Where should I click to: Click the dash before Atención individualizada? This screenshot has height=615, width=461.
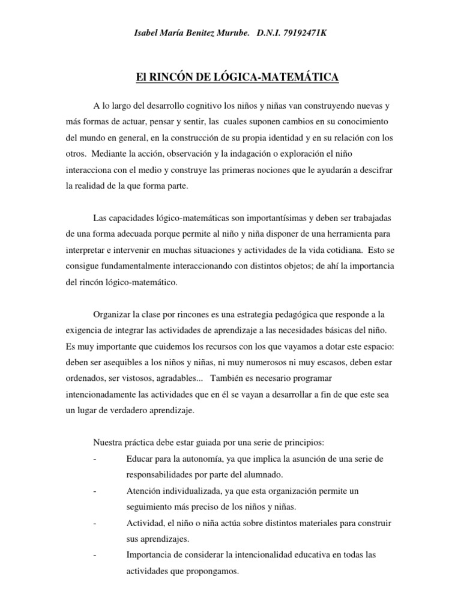(x=95, y=491)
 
